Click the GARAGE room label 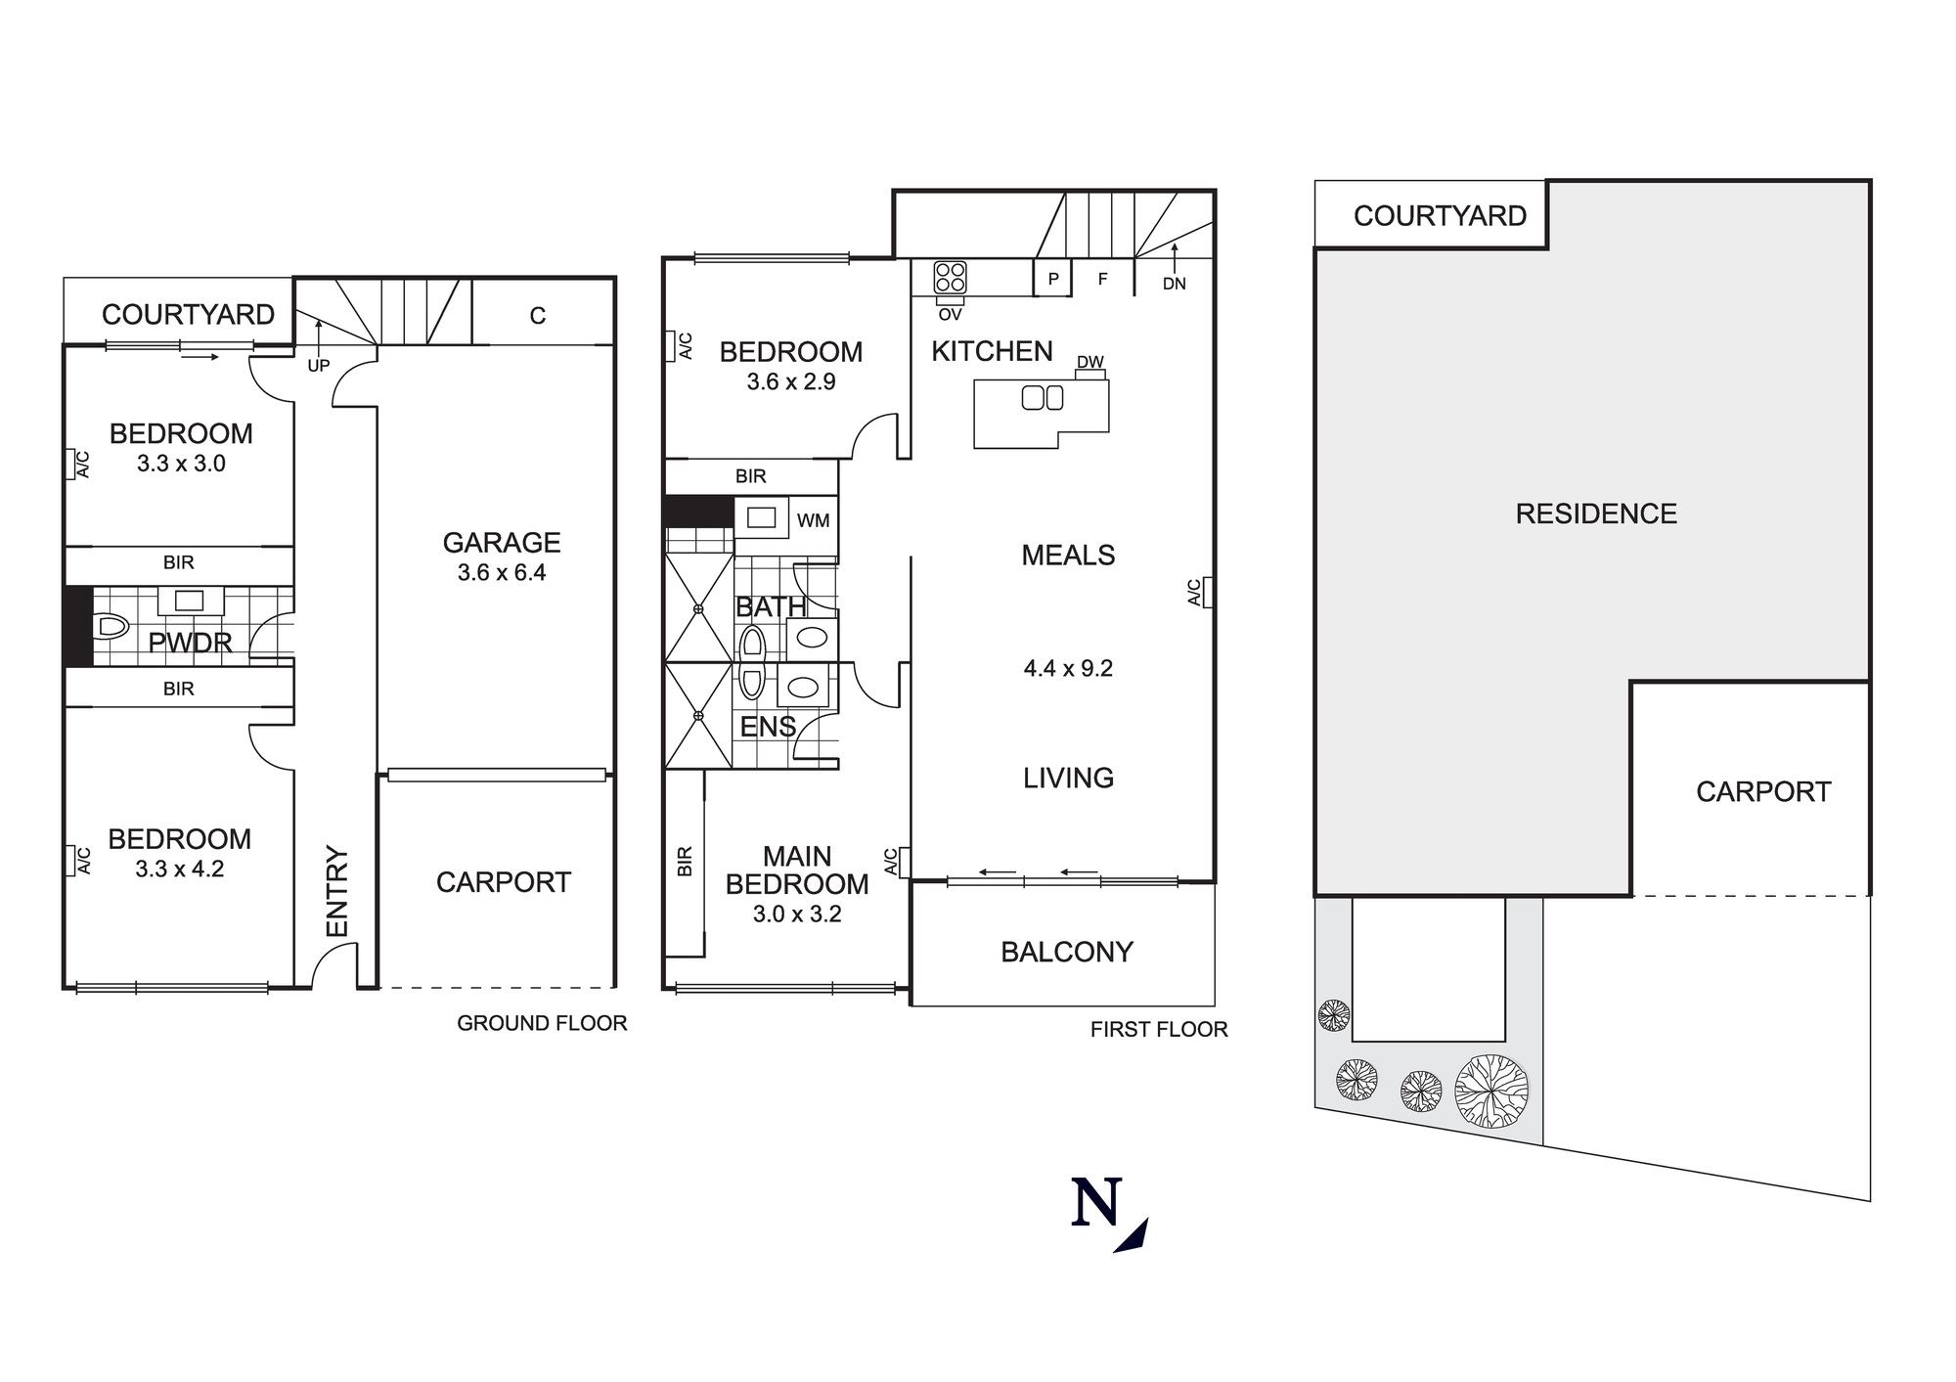point(502,543)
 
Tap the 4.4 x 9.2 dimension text point(1068,669)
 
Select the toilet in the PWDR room point(112,626)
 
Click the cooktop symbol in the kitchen point(950,278)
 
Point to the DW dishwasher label point(1089,363)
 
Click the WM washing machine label point(813,520)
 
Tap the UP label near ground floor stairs point(319,366)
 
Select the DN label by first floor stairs point(1174,284)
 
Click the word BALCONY point(1066,952)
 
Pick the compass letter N point(1096,1204)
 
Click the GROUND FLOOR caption point(542,1023)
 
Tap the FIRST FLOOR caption point(1159,1029)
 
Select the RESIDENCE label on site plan point(1596,513)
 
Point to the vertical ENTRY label point(336,891)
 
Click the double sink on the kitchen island point(1042,398)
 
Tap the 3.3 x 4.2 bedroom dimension point(180,869)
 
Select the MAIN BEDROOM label point(796,870)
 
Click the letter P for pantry point(1053,279)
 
